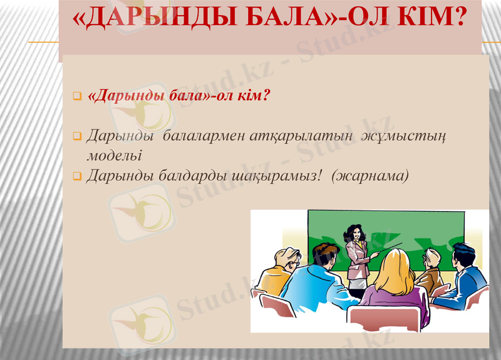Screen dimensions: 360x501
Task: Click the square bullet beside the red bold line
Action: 78,97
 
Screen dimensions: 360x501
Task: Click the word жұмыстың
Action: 403,136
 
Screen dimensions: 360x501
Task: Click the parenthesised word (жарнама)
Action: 371,176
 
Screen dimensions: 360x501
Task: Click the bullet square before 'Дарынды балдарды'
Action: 78,177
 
